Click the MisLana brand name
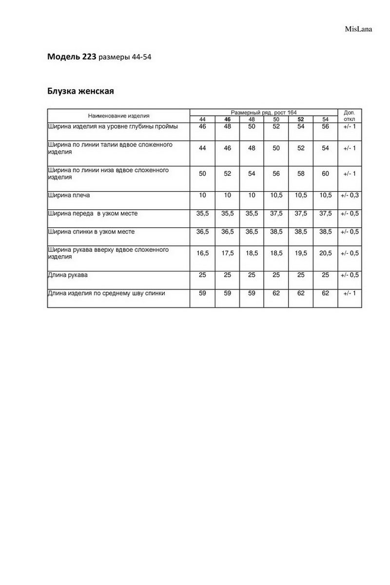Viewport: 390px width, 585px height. coord(359,29)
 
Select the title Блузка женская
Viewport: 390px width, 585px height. coord(80,91)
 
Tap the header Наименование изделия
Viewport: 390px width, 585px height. coord(118,116)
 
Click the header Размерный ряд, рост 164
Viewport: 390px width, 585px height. coord(263,112)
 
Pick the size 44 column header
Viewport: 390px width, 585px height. coord(202,120)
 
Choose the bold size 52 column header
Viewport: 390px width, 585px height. coord(300,120)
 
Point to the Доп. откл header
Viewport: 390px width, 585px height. coord(350,116)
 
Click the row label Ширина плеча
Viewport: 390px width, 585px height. coord(69,195)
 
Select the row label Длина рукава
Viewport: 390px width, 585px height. coord(68,275)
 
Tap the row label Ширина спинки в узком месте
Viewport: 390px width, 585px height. coord(91,232)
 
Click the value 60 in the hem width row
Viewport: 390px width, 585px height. coord(325,174)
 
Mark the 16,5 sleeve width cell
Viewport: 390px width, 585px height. coord(202,253)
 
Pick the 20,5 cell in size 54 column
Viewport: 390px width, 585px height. coord(325,253)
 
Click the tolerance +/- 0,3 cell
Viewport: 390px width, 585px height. coord(350,195)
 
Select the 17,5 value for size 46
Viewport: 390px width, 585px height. coord(227,253)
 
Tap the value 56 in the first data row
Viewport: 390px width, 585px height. coord(325,126)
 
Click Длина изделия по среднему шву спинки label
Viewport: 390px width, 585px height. coord(106,293)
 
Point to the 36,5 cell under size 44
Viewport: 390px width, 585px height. coord(202,232)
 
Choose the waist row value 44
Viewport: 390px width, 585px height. coord(202,148)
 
